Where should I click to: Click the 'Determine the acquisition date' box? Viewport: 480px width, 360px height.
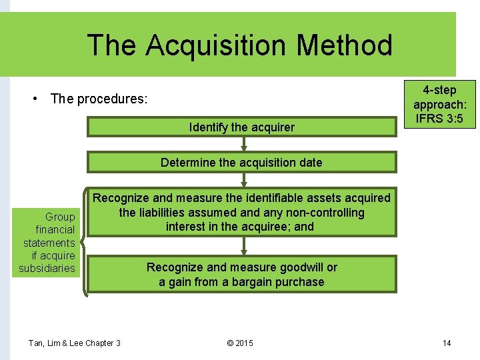241,162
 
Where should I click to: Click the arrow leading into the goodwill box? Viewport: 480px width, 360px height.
243,246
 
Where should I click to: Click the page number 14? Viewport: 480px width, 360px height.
447,343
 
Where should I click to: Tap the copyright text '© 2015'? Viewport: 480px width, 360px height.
240,343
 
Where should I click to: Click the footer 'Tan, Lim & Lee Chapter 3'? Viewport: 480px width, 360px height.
74,343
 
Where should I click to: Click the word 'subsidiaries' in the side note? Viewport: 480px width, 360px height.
47,269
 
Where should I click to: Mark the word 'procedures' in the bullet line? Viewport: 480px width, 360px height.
112,99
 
